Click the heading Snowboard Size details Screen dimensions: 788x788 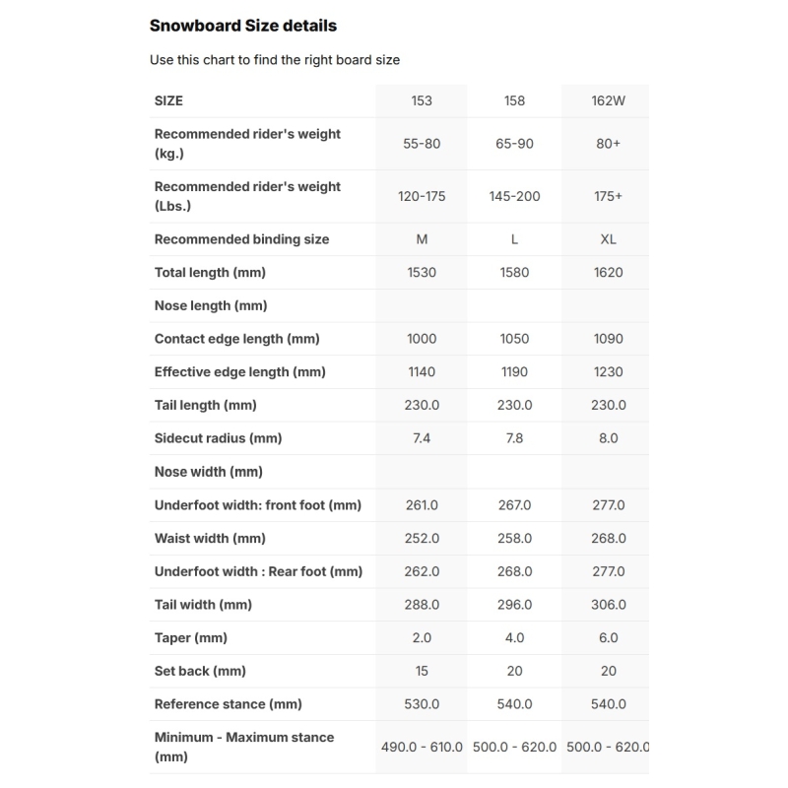[242, 26]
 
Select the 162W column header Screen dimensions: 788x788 [608, 100]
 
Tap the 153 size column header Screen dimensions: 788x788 [422, 100]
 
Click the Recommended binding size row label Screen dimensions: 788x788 [241, 239]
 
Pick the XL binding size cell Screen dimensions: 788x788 [608, 239]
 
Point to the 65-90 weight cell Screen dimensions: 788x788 [514, 144]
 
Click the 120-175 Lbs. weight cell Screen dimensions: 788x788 [422, 196]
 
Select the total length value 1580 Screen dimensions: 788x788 [514, 272]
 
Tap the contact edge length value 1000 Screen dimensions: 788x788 [422, 339]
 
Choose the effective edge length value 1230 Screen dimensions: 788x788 [608, 372]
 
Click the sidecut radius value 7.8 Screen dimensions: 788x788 [514, 438]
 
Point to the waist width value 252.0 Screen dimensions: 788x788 [422, 539]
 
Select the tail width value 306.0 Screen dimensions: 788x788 [608, 605]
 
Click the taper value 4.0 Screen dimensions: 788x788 [514, 638]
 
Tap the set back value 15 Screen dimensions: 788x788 [422, 671]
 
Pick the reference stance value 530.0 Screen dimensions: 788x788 [422, 704]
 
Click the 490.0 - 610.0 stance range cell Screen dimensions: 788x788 [422, 747]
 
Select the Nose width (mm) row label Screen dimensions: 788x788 [208, 472]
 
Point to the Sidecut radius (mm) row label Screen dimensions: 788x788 [218, 438]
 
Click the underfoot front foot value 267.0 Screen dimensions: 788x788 [514, 505]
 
